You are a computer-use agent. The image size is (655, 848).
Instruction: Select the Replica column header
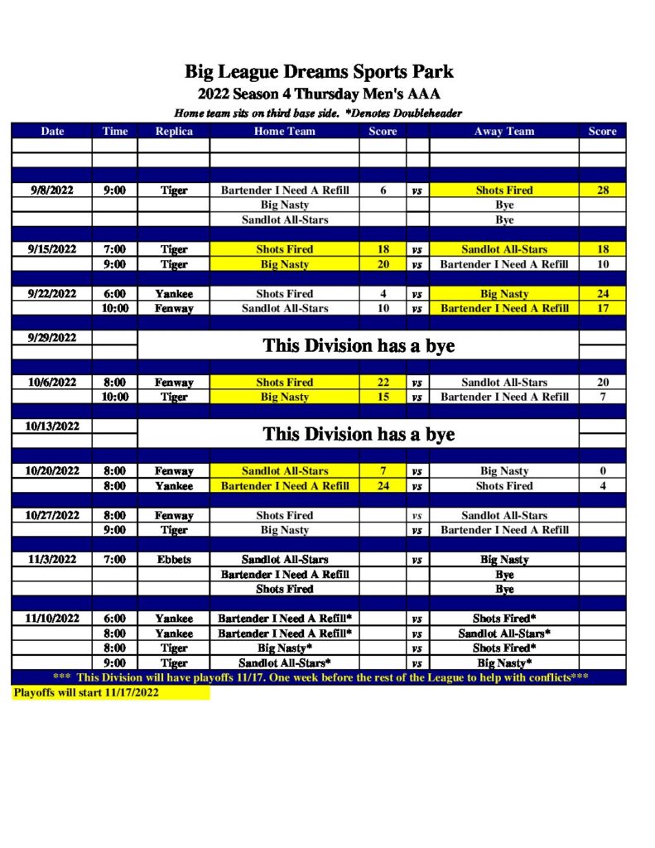click(x=174, y=131)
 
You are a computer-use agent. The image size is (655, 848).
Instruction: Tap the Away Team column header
click(x=503, y=131)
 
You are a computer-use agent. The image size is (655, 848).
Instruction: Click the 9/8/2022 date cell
click(x=51, y=190)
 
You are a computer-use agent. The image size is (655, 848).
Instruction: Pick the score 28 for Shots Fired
click(x=602, y=190)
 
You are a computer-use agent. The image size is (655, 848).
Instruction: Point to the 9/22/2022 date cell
click(x=51, y=293)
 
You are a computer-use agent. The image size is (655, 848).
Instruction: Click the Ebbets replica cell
click(x=174, y=559)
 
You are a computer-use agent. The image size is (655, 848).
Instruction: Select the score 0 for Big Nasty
click(x=602, y=471)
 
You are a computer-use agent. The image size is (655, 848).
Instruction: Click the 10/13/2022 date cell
click(x=51, y=426)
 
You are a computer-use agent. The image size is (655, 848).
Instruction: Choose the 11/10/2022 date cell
click(x=51, y=618)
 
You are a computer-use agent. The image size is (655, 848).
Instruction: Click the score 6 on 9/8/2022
click(x=383, y=190)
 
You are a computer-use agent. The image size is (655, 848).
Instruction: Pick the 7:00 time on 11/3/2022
click(x=114, y=559)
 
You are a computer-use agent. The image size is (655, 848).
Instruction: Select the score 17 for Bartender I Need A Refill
click(x=602, y=308)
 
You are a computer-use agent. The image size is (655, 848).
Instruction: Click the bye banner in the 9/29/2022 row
click(x=358, y=345)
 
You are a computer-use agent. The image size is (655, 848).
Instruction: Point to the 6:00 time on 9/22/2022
click(x=114, y=293)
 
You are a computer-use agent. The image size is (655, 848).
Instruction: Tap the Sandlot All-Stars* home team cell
click(x=284, y=662)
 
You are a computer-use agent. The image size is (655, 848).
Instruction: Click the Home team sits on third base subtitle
click(x=318, y=113)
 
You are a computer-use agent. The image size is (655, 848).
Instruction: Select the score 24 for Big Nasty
click(x=602, y=293)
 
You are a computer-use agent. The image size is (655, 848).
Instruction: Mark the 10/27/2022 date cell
click(x=51, y=515)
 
